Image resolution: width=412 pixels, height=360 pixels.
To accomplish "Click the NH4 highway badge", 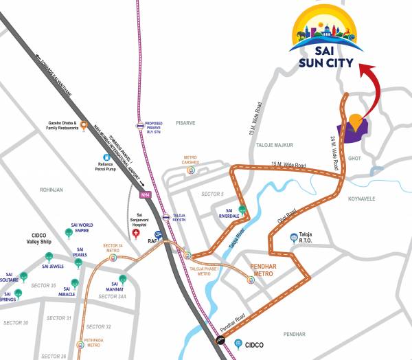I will coord(145,194).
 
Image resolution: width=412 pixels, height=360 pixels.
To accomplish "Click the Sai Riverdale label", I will coord(229,213).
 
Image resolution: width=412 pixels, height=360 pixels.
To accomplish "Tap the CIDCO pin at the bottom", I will coord(238,343).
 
